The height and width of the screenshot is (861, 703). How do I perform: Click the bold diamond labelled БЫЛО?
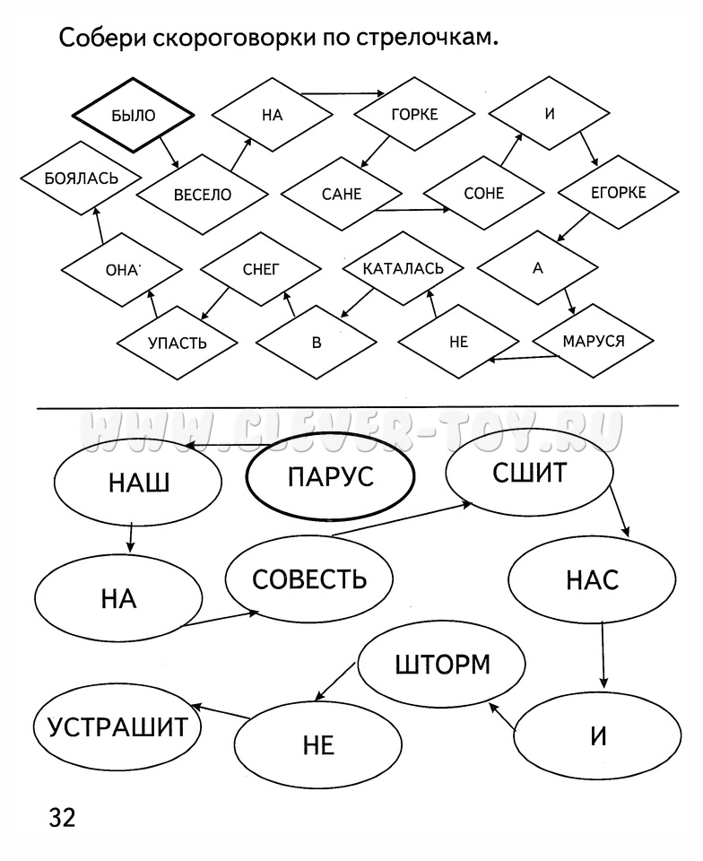coord(133,115)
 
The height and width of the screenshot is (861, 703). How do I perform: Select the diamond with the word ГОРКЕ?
coord(413,114)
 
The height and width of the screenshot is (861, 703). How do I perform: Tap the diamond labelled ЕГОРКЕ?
coord(618,193)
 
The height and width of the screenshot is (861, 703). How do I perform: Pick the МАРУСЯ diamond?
coord(593,341)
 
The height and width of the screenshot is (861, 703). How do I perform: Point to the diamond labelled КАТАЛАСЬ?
coord(403,268)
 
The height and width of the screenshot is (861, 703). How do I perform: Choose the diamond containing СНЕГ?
coord(261,268)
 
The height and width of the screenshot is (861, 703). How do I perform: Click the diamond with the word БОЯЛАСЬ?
coord(81,178)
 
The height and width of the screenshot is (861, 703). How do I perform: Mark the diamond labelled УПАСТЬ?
coord(177,343)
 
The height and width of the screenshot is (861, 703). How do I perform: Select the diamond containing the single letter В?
coord(316,344)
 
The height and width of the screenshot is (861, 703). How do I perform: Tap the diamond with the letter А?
coord(537,268)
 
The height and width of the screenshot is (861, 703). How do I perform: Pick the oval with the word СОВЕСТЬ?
coord(309,578)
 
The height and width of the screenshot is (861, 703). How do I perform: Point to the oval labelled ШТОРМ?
coord(442,665)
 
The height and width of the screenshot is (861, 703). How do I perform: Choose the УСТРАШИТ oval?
coord(117,726)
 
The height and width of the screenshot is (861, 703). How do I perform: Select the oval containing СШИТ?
coord(529,473)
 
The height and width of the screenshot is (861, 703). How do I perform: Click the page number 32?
coord(62,818)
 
